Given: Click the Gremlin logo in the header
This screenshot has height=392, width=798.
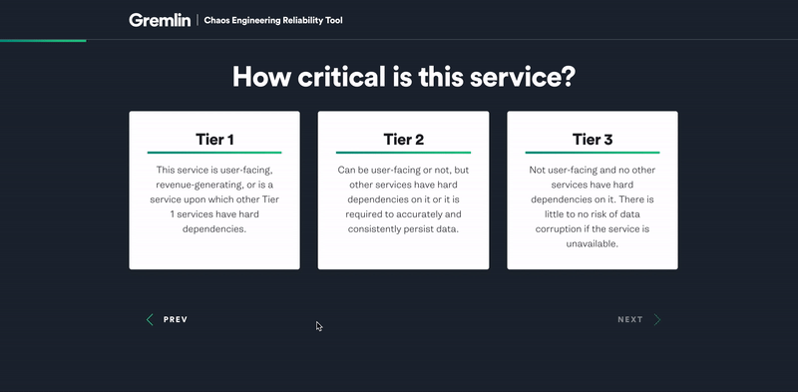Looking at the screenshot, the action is point(160,20).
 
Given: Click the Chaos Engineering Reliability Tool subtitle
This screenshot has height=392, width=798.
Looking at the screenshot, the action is point(273,20).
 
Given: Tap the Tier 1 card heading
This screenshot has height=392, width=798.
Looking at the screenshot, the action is point(214,139).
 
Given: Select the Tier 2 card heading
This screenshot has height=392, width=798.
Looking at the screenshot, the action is point(403,139).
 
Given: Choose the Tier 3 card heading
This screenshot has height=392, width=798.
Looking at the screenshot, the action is point(593,139).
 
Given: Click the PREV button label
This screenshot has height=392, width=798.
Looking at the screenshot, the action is point(176,320).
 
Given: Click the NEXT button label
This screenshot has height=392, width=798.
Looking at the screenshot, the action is point(630,320).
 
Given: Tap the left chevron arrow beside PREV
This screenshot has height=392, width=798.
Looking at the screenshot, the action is point(151,320).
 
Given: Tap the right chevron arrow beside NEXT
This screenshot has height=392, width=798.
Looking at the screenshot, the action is point(657,320).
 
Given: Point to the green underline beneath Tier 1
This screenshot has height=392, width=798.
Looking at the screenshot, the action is point(214,153).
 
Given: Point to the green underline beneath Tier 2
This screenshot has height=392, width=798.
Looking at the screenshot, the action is point(403,153).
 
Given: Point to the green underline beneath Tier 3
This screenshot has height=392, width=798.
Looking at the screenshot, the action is point(593,153).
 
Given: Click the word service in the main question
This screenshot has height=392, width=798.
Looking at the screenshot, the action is point(517,77).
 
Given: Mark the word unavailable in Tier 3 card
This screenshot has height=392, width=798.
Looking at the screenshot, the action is point(592,243).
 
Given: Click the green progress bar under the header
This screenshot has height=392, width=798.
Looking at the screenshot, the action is point(43,40).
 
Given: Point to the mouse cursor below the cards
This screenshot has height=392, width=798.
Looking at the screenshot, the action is point(319,326).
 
